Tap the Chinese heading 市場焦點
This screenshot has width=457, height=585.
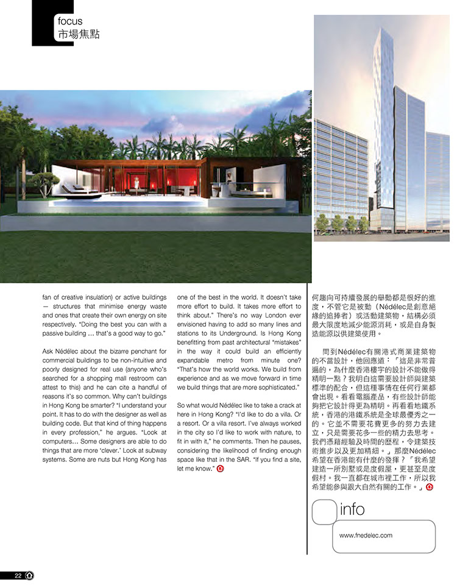[77, 34]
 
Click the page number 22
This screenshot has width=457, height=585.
[18, 575]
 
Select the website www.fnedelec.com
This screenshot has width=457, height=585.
[366, 536]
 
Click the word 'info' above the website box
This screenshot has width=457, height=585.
[353, 509]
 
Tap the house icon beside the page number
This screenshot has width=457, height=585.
[29, 575]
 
